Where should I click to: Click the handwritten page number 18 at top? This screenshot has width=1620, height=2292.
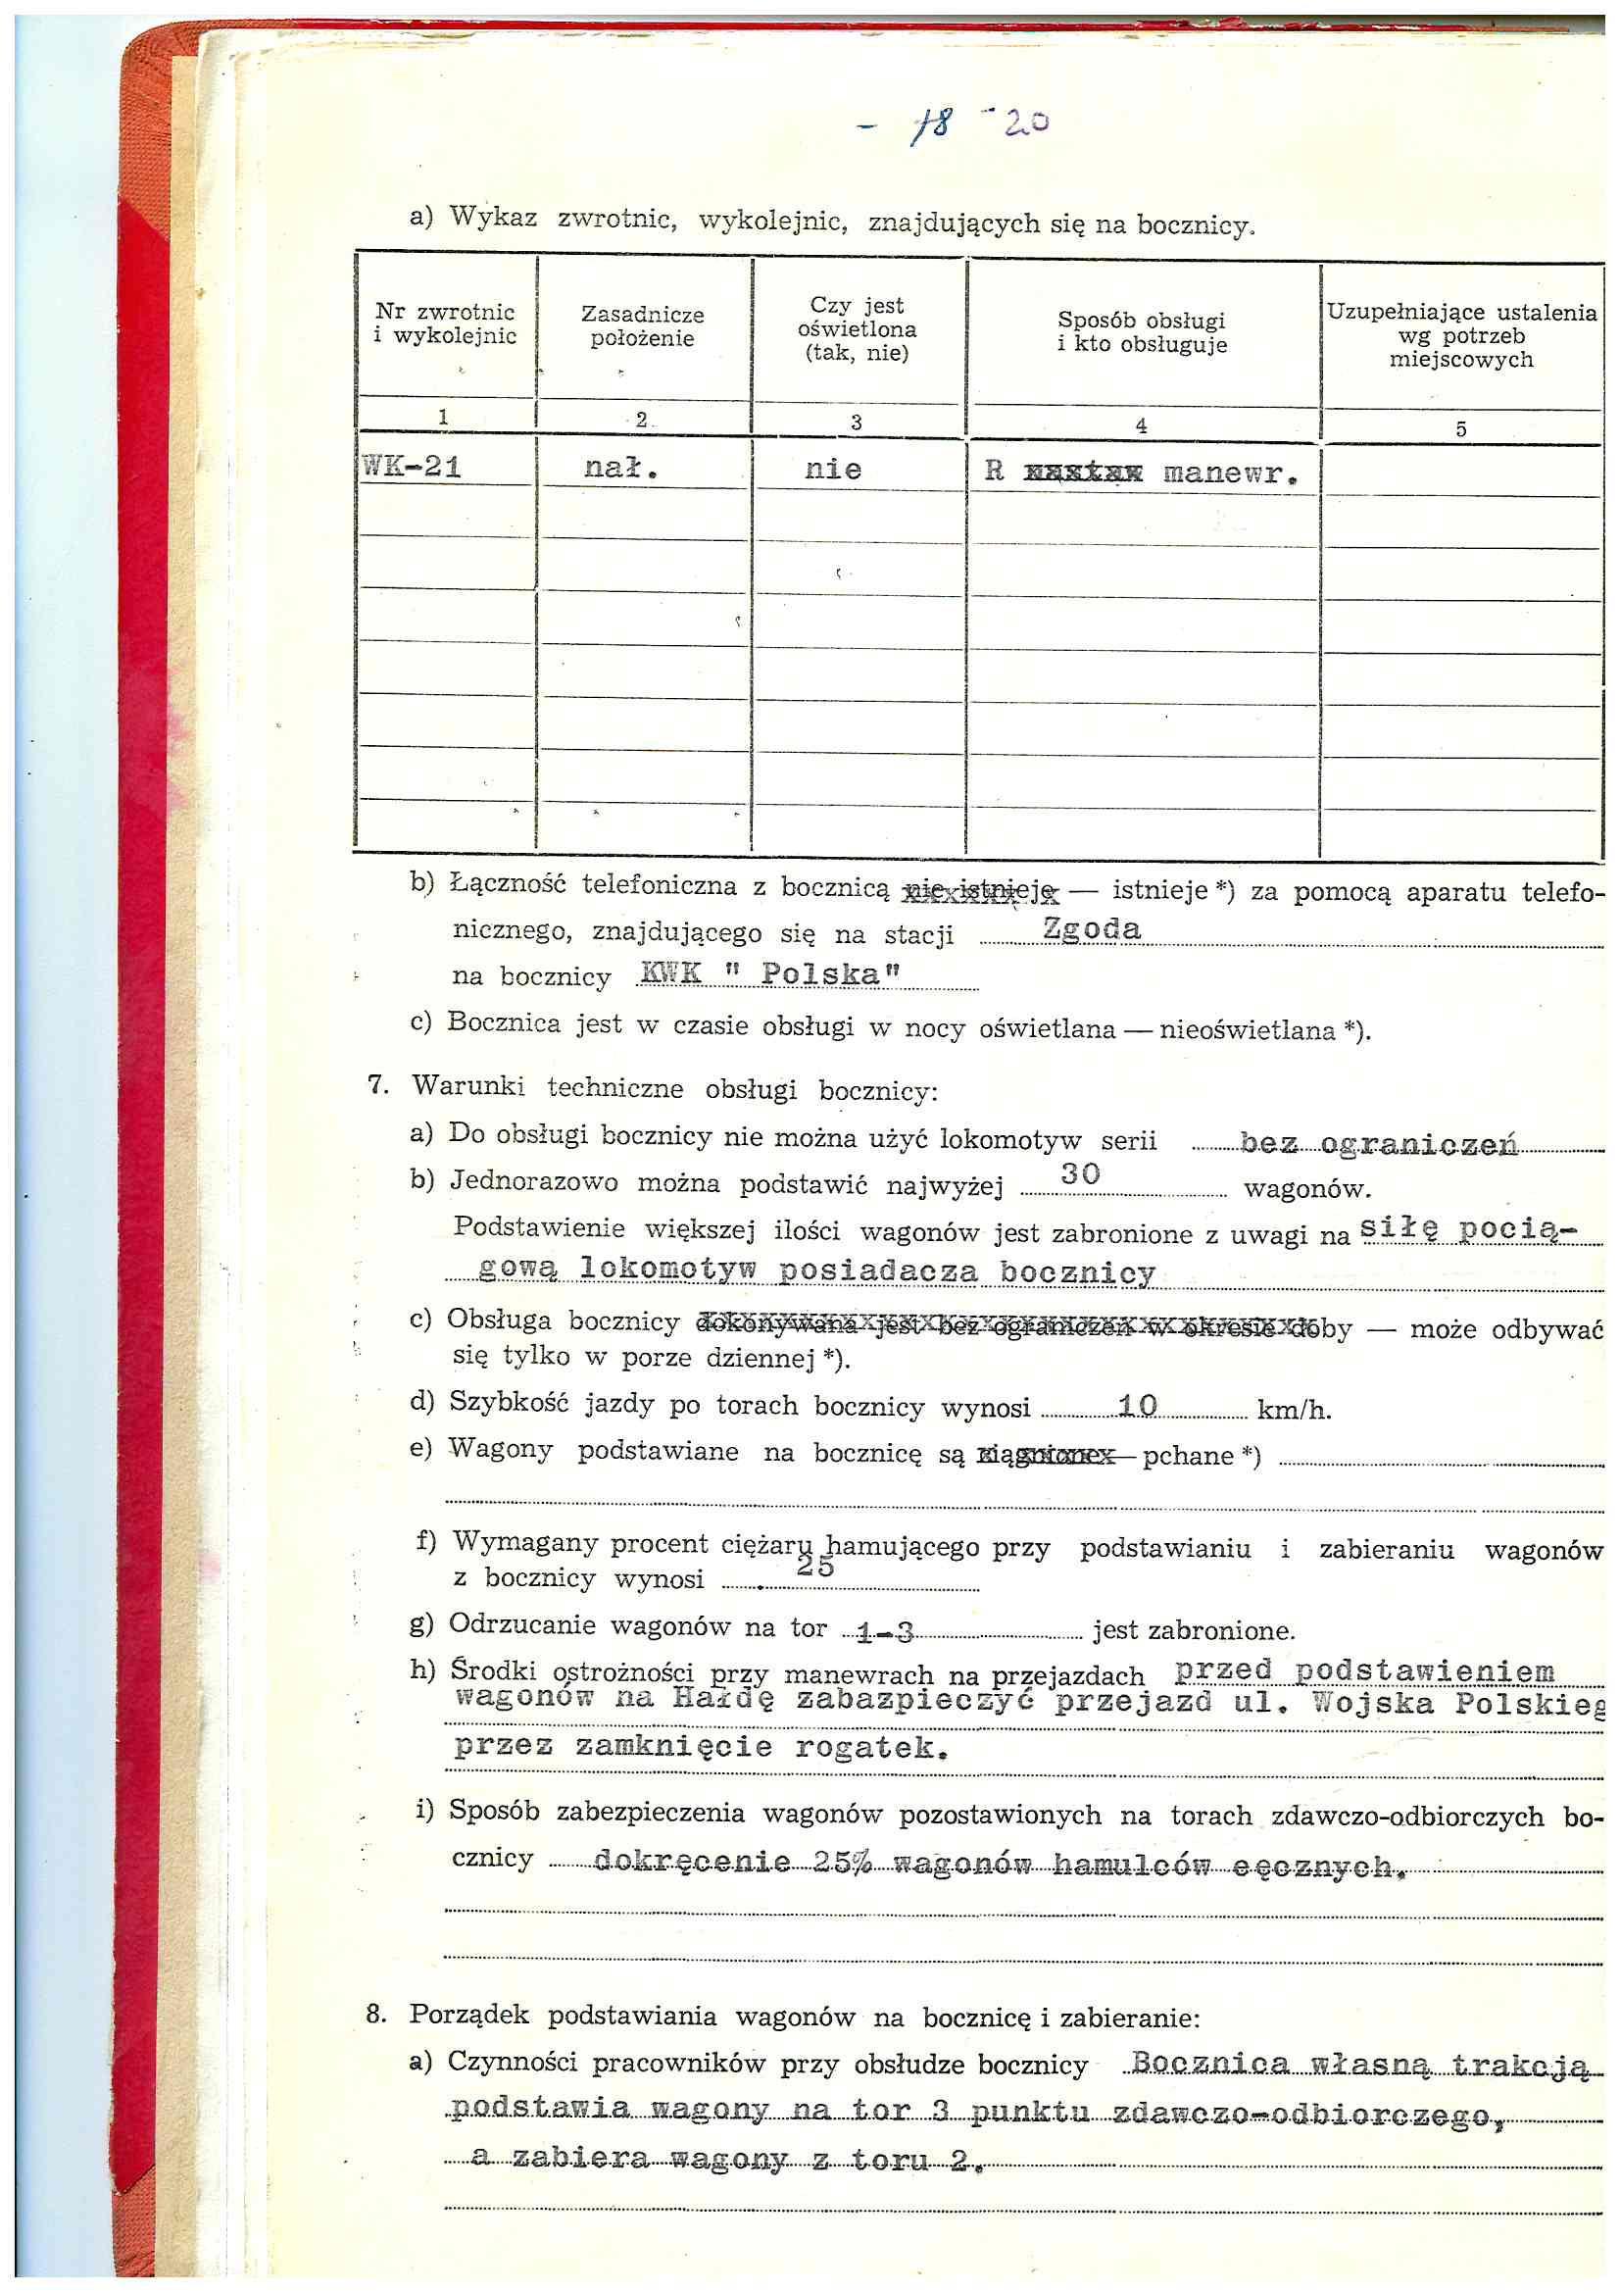935,127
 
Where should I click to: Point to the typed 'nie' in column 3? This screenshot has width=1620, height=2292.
832,470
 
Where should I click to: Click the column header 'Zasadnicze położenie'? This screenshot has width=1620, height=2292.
642,326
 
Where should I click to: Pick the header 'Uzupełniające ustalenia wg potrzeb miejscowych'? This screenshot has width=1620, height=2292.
1460,335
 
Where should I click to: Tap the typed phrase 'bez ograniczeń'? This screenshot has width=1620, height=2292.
1379,1143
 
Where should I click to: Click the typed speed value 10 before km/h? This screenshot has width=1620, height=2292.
1137,1407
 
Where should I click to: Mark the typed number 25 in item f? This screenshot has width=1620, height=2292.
814,1567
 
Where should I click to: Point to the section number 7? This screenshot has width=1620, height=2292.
378,1086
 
